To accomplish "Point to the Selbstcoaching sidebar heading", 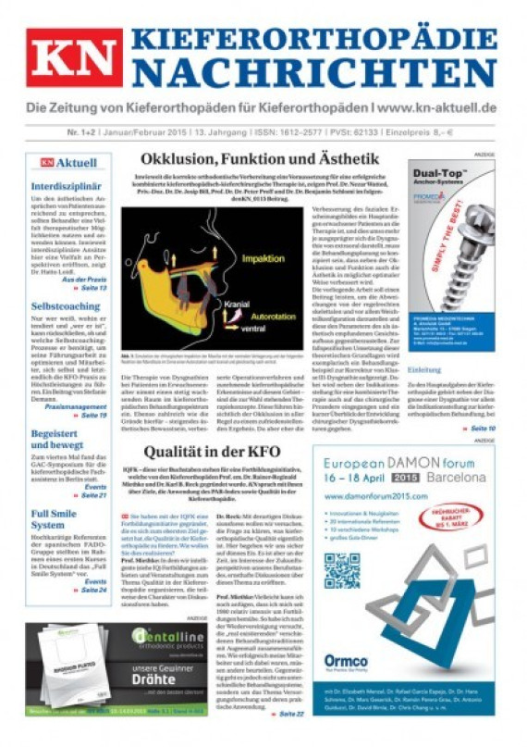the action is (65, 305).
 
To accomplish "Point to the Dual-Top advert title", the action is (449, 173).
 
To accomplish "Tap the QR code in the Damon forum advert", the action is (341, 569).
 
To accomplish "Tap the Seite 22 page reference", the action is (289, 714).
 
